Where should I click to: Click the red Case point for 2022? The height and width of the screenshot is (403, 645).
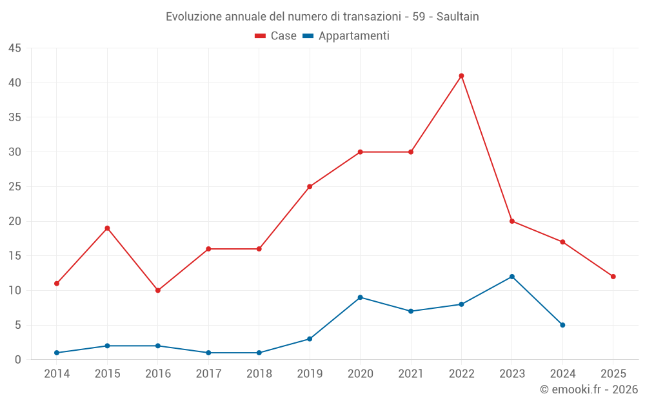(461, 76)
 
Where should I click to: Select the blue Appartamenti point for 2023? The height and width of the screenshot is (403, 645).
(512, 277)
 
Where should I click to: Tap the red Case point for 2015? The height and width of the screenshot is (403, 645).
(107, 228)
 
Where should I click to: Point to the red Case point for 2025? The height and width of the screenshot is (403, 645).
(613, 277)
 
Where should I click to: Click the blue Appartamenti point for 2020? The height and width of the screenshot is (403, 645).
(360, 297)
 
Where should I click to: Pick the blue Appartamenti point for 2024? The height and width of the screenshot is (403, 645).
(562, 325)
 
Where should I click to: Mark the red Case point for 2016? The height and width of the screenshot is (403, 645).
(158, 290)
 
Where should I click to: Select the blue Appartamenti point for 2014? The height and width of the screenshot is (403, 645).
(57, 353)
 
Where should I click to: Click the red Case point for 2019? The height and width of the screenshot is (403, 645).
(310, 187)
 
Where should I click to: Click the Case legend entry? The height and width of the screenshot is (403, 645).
(276, 36)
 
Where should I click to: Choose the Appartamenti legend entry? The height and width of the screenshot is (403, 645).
(346, 36)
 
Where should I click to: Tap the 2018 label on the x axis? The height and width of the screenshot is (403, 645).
(259, 373)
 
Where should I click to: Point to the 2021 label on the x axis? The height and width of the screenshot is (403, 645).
(411, 373)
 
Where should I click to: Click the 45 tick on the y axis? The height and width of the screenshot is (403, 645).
(15, 48)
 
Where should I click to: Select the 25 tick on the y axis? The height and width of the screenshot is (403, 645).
(15, 187)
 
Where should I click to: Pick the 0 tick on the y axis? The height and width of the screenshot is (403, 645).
(18, 360)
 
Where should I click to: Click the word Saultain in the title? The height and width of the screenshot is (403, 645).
(457, 17)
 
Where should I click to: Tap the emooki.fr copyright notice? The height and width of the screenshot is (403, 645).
(588, 389)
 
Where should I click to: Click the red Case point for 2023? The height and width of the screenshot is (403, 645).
(512, 221)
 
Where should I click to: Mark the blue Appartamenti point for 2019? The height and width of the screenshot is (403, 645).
(310, 339)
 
